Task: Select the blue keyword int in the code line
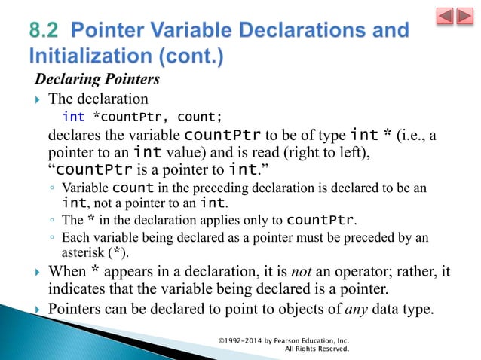(73, 116)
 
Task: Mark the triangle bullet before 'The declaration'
(38, 99)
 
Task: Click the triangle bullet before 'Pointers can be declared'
(38, 309)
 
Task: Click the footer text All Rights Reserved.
(316, 349)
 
